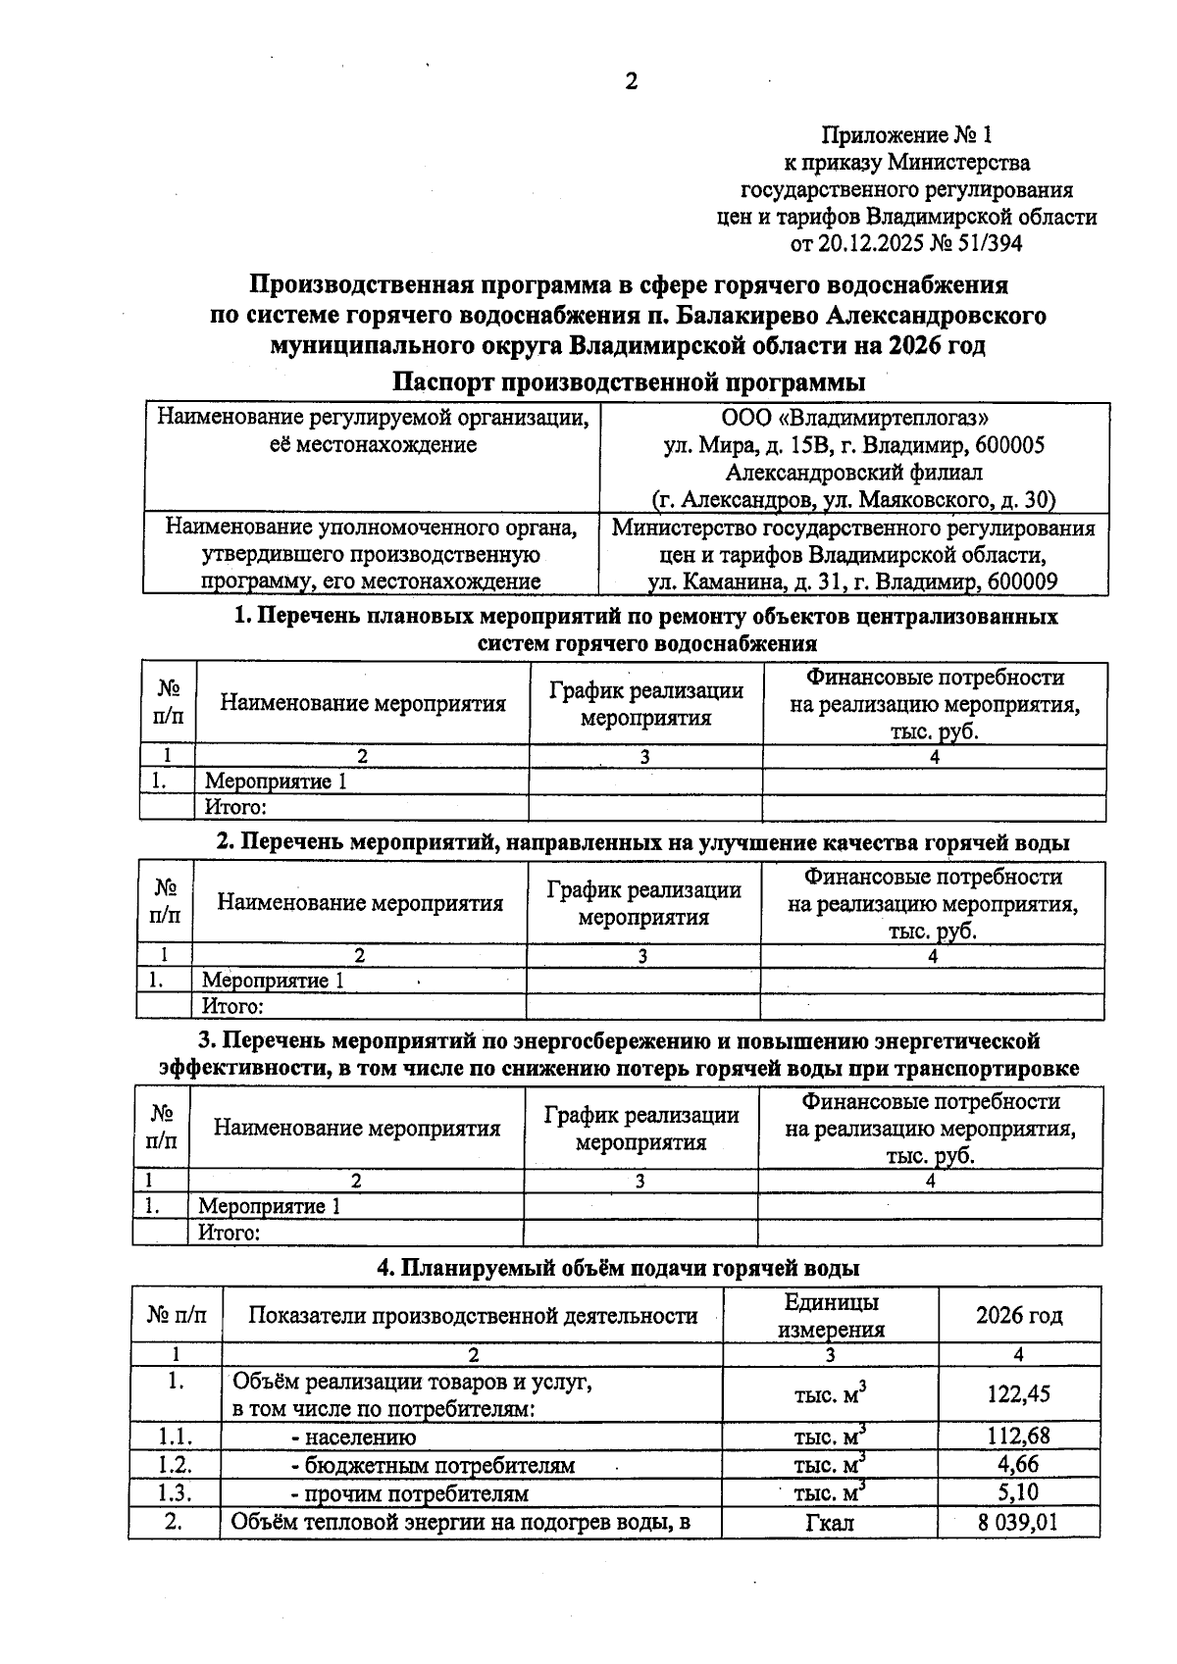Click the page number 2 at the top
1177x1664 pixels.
[631, 82]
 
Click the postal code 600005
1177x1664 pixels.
[1010, 446]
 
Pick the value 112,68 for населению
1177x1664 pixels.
[1018, 1437]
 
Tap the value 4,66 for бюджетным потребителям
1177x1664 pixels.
[1018, 1465]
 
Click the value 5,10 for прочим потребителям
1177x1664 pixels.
[1018, 1492]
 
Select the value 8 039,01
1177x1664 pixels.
[1018, 1522]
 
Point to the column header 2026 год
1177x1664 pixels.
[1018, 1316]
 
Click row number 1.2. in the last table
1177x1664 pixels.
[175, 1465]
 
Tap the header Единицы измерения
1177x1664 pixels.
[831, 1316]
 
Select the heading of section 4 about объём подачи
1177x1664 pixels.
[619, 1268]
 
